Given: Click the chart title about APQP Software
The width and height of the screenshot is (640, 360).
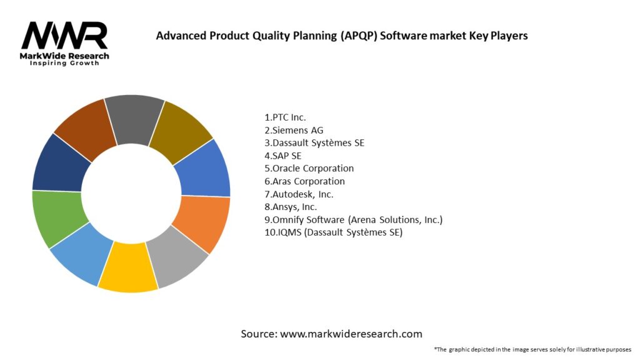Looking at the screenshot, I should pos(341,36).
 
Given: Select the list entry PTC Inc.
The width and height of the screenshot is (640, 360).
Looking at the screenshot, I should pos(286,117).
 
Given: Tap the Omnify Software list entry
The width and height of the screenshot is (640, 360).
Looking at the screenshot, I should pos(354,220).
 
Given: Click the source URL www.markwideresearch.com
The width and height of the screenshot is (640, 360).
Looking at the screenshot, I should pos(331,334).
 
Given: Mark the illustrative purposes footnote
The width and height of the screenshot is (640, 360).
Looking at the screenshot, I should pos(532,349).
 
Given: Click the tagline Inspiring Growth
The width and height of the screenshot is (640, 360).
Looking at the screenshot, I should pos(64,63).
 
